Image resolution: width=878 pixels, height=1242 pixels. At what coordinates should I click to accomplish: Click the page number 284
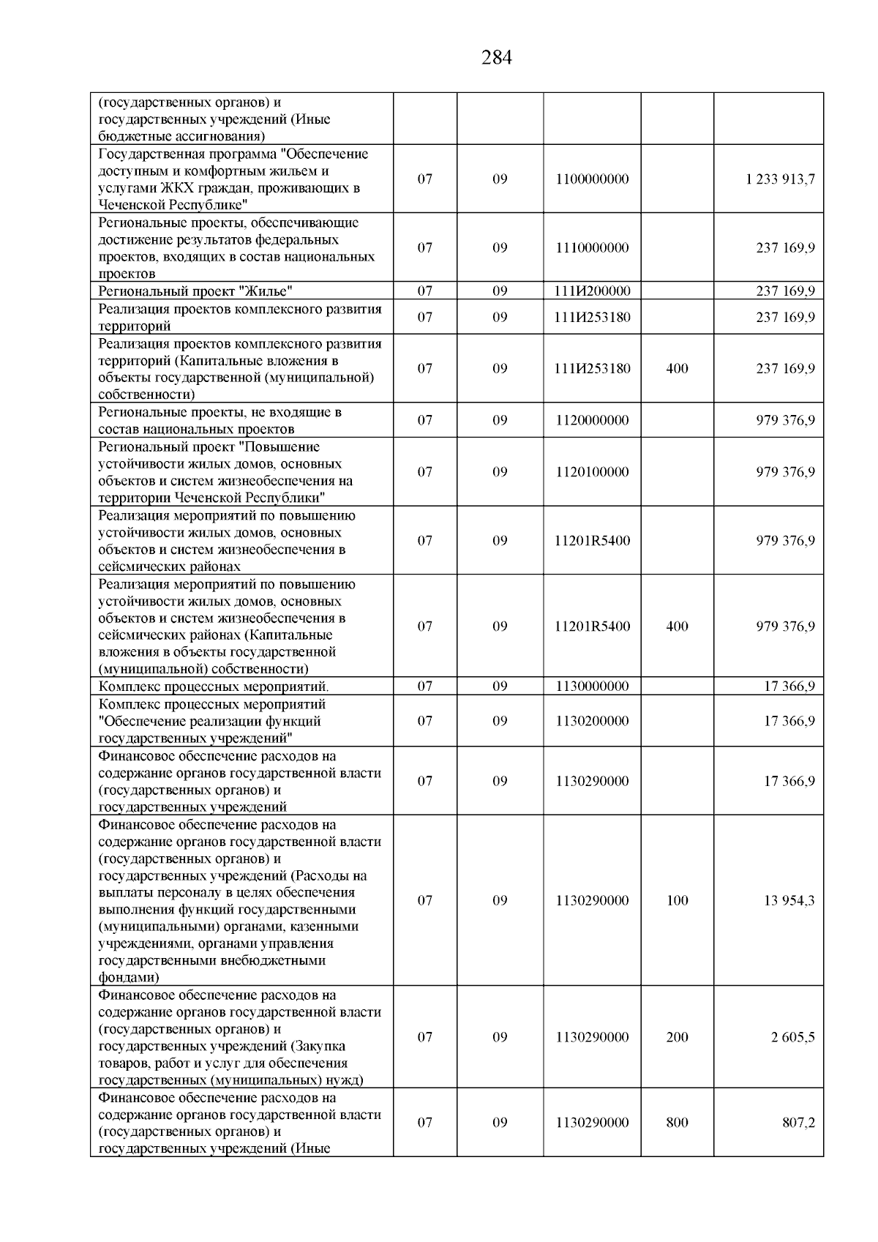click(x=497, y=58)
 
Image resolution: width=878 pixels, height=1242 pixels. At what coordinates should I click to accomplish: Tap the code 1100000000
click(x=592, y=179)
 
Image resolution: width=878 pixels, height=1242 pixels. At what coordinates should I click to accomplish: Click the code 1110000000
click(x=592, y=248)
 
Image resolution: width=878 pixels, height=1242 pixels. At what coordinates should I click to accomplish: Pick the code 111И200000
click(x=592, y=291)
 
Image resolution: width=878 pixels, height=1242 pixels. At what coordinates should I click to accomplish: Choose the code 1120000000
click(x=592, y=421)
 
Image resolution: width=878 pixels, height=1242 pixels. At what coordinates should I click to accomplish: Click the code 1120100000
click(x=592, y=472)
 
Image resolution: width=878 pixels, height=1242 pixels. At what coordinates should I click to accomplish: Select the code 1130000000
click(x=592, y=687)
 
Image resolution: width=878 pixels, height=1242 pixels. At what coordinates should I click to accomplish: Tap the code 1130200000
click(x=592, y=721)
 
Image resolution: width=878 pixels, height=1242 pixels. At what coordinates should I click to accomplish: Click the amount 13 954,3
click(x=789, y=901)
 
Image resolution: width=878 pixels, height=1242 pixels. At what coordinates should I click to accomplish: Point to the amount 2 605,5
click(x=792, y=1038)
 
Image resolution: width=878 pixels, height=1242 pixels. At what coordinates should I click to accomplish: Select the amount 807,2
click(x=799, y=1123)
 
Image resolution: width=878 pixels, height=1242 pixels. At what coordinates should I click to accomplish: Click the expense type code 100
click(x=678, y=901)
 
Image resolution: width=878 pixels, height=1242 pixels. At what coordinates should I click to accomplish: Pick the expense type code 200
click(x=678, y=1038)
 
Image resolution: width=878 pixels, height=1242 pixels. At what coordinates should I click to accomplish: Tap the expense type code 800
click(x=678, y=1123)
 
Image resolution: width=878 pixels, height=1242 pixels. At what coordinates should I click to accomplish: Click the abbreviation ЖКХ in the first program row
click(x=169, y=188)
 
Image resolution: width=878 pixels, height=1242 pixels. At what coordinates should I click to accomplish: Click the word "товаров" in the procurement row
click(x=122, y=1063)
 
